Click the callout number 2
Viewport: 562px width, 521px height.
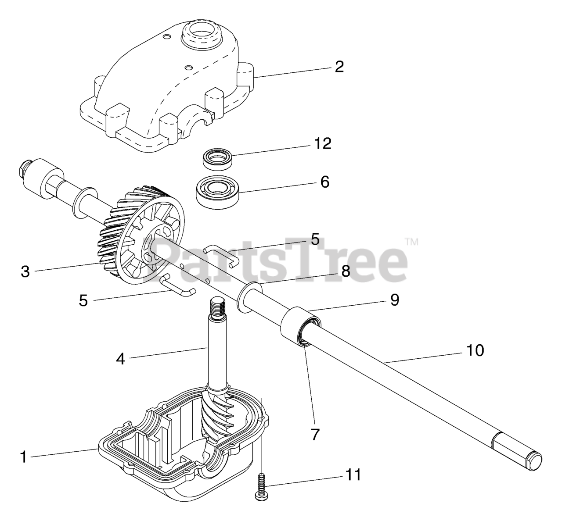click(x=339, y=67)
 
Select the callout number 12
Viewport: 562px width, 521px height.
click(x=323, y=143)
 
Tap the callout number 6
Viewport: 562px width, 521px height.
click(x=325, y=182)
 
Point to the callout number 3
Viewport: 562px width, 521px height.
click(x=25, y=271)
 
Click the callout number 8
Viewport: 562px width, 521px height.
click(x=346, y=271)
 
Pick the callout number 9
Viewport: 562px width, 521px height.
click(x=394, y=300)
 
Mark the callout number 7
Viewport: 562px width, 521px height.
click(x=316, y=434)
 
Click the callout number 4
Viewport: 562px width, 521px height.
click(x=120, y=359)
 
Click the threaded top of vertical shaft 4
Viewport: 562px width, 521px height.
click(x=217, y=304)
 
